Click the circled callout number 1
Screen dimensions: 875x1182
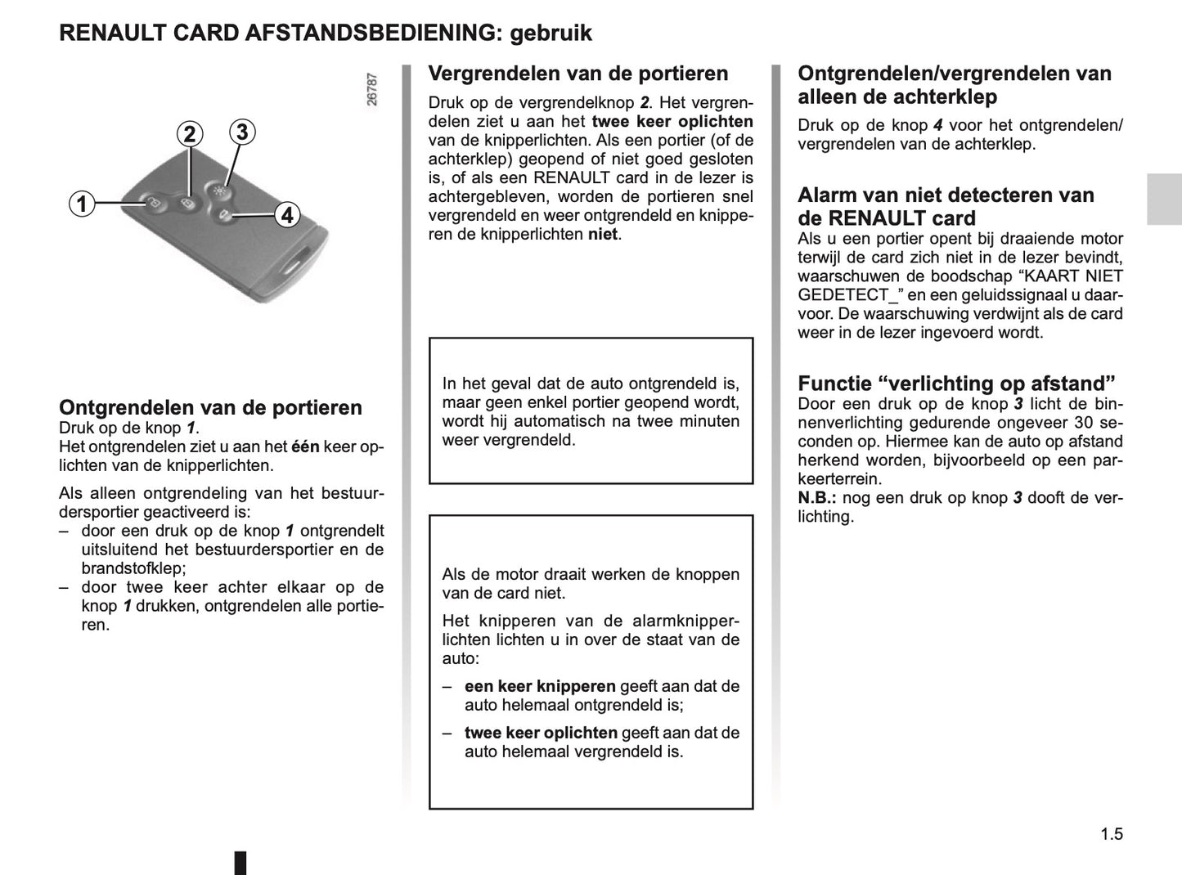82,203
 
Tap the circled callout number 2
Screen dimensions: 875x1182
190,134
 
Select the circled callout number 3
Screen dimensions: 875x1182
241,132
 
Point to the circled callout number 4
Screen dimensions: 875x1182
286,215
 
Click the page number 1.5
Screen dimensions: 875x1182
1111,834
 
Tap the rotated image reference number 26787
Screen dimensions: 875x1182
372,90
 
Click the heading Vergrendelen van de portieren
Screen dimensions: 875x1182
578,74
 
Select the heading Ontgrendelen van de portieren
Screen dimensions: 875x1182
210,407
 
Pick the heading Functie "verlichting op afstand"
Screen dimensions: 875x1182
956,384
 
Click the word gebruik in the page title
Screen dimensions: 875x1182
551,34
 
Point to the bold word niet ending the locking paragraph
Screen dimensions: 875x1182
604,235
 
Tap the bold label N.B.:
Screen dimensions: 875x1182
817,498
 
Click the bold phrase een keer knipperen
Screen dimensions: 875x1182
540,687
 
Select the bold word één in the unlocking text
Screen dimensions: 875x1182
305,446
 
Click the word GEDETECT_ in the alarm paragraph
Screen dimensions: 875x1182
843,295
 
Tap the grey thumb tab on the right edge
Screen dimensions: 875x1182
1163,200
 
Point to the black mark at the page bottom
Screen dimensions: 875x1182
240,863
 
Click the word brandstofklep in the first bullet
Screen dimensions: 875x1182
133,568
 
